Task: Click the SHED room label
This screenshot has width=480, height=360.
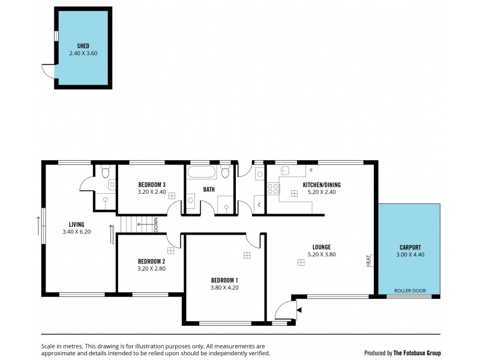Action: [x=83, y=46]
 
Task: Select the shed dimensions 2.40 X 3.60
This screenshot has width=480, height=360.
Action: [x=83, y=53]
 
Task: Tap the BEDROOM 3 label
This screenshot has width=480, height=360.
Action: [x=151, y=184]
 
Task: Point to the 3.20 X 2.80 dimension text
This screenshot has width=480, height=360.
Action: [x=151, y=269]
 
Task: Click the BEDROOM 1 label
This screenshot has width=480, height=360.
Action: [x=224, y=280]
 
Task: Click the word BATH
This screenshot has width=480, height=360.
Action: [x=209, y=190]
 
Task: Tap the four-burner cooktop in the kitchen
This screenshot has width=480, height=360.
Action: [x=272, y=189]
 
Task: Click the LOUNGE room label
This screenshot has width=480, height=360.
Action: [x=322, y=247]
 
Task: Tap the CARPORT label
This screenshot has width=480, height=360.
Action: [x=410, y=247]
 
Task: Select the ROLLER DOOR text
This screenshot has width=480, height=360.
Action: [x=410, y=290]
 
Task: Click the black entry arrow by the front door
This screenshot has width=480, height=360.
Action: [x=299, y=310]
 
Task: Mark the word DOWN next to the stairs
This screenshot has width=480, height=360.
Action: [x=156, y=224]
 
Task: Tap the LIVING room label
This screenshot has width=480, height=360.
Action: [x=76, y=224]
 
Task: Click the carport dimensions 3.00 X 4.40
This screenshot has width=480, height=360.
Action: [x=410, y=254]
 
